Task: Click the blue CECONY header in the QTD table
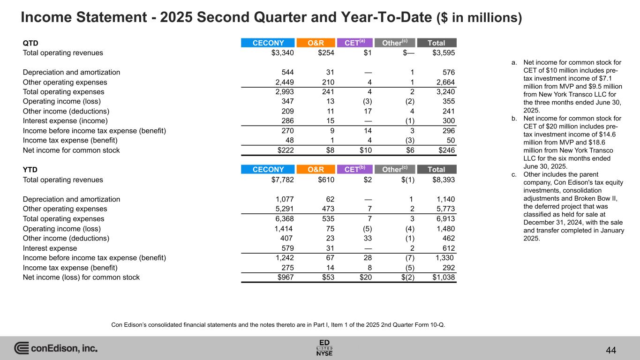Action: tap(268, 43)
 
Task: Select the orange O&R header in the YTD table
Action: tap(316, 170)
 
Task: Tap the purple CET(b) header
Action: tap(354, 170)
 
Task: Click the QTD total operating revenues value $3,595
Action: tap(444, 53)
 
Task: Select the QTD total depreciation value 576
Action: tap(449, 73)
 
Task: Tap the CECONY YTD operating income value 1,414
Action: tap(284, 229)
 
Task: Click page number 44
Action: tap(610, 350)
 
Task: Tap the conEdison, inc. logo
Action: tap(56, 348)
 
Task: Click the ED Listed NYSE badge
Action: tap(324, 347)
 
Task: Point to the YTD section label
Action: tap(30, 170)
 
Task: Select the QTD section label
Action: tap(30, 43)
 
